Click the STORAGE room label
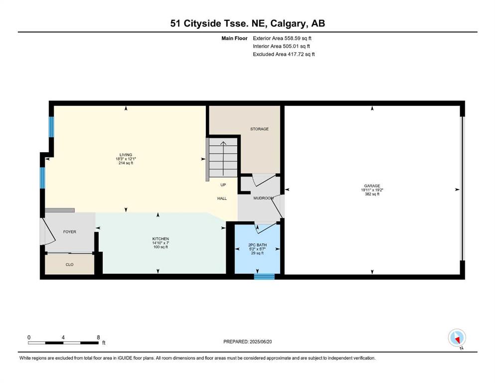point(260,129)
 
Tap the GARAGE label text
point(372,186)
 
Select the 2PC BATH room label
point(257,245)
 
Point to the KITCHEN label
point(161,239)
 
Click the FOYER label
point(69,232)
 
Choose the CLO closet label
point(69,265)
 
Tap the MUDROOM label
point(263,198)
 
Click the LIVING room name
point(126,155)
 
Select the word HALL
point(222,198)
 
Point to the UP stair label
point(223,185)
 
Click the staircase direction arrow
point(223,159)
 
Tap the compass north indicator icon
point(457,338)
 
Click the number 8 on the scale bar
point(99,337)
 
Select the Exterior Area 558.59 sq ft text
point(282,38)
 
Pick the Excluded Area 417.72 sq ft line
point(284,54)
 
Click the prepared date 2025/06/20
point(260,342)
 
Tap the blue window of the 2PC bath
point(265,277)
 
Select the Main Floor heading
point(234,38)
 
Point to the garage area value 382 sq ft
point(372,194)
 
